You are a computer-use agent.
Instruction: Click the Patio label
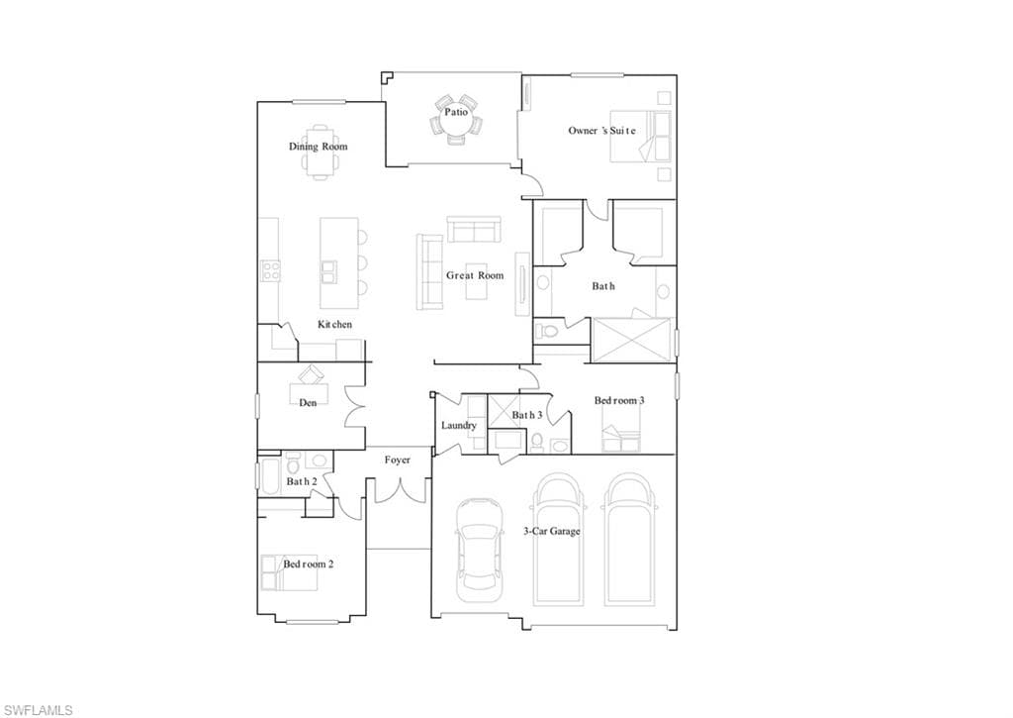(x=455, y=112)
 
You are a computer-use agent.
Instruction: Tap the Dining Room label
(x=318, y=147)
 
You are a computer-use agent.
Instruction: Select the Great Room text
(x=475, y=275)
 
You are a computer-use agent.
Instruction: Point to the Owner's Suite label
(x=602, y=131)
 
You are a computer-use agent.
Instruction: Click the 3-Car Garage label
(x=552, y=531)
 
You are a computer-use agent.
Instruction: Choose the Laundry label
(x=459, y=425)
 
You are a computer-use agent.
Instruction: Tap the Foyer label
(x=398, y=460)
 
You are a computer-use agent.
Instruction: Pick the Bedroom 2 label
(x=309, y=564)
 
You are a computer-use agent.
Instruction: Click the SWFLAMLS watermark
(x=37, y=710)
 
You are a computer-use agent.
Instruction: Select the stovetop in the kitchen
(x=270, y=270)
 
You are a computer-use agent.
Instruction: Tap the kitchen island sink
(x=328, y=272)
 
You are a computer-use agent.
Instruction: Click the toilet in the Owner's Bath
(x=547, y=332)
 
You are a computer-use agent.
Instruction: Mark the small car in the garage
(x=480, y=550)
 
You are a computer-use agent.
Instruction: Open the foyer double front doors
(x=401, y=490)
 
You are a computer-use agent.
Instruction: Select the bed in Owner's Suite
(x=640, y=136)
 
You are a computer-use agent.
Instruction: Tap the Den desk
(x=309, y=393)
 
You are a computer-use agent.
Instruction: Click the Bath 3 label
(x=527, y=415)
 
